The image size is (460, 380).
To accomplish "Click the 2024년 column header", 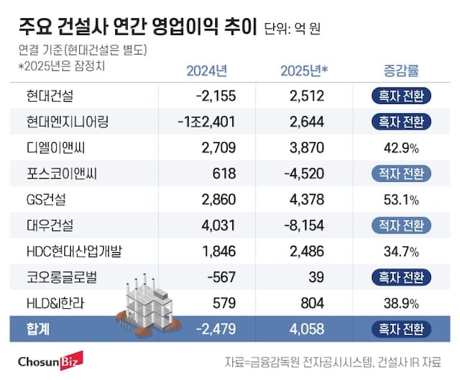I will click(206, 72).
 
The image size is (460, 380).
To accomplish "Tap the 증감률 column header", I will click(400, 72).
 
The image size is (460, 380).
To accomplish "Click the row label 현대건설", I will click(49, 95).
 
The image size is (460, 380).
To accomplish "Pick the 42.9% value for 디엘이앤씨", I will click(400, 147).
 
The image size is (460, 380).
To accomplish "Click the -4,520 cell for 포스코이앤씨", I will click(304, 174).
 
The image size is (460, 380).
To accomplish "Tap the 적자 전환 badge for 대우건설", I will click(400, 226).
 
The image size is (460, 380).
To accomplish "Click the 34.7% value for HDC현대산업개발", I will click(400, 252).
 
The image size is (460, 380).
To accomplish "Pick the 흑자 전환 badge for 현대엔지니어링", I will click(400, 121).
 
